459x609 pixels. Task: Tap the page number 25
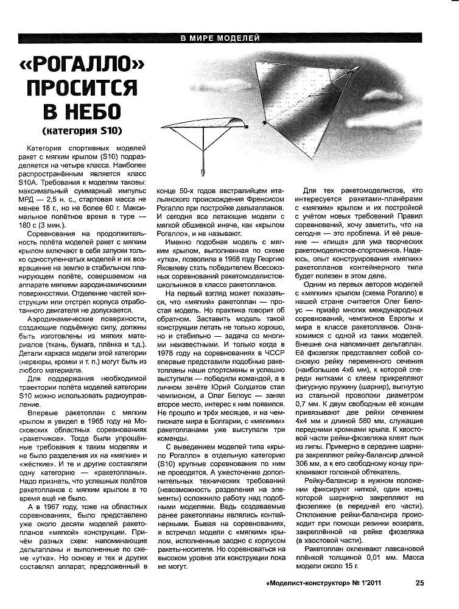420,582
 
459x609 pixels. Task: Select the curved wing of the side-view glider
204,122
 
